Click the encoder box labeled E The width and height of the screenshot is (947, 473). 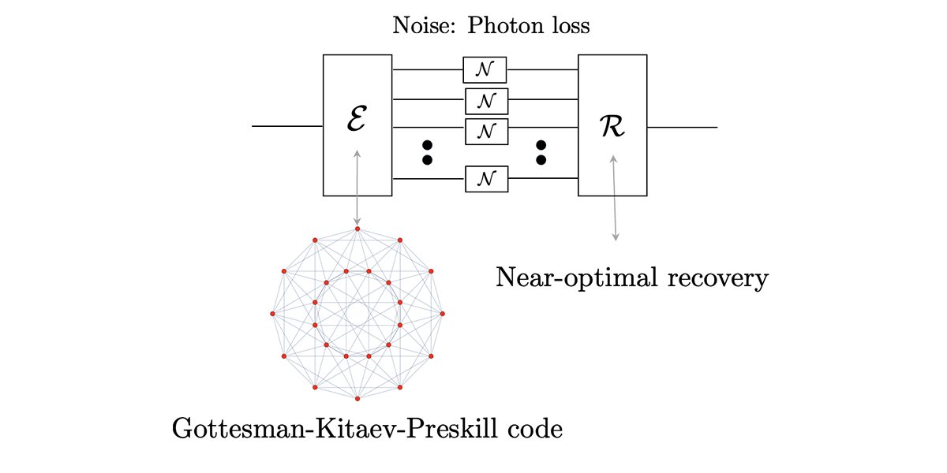tap(357, 125)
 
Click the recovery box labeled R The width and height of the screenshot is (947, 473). tap(612, 125)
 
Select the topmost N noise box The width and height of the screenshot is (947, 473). tap(485, 70)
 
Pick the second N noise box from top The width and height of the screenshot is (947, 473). tap(486, 100)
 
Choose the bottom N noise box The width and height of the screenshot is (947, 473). tap(486, 179)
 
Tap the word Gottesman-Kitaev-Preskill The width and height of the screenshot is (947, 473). tap(329, 430)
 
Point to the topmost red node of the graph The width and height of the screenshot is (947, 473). tap(357, 229)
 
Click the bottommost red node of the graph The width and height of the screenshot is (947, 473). tap(357, 399)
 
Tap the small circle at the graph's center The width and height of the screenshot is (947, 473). tap(357, 314)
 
